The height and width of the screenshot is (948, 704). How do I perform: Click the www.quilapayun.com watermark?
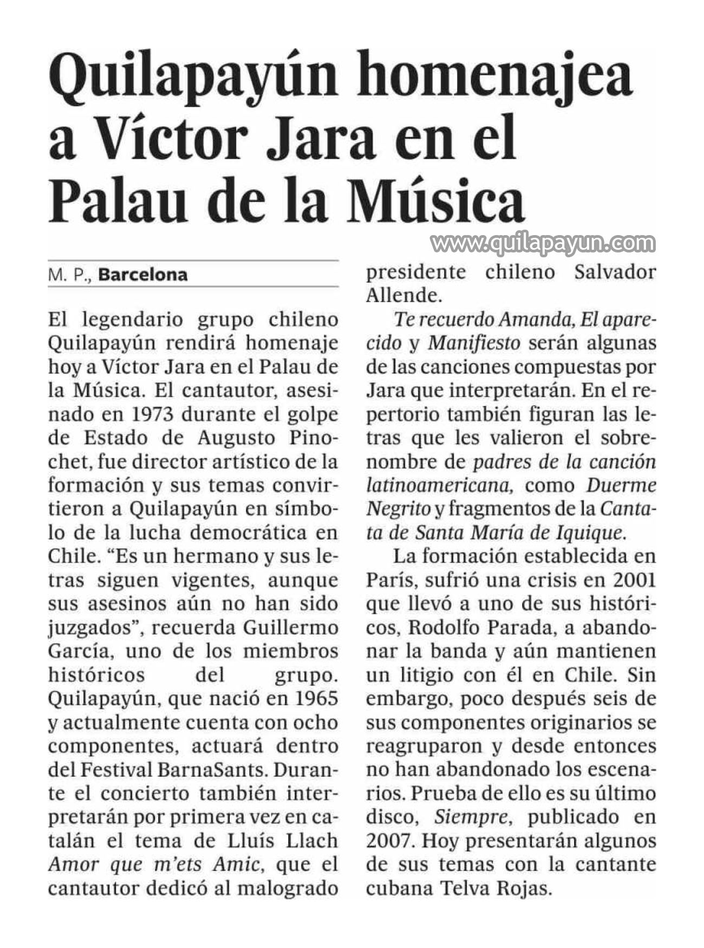(543, 243)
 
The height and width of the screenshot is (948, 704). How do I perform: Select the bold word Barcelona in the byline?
(143, 275)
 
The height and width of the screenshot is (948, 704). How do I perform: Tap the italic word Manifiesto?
(474, 343)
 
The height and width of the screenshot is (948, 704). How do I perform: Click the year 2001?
(635, 580)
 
